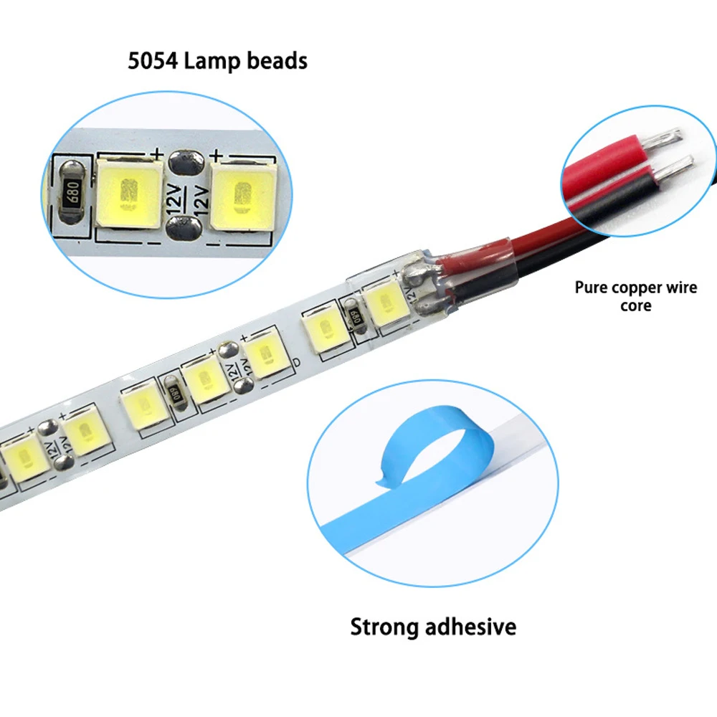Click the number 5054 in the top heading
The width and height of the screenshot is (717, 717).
point(153,61)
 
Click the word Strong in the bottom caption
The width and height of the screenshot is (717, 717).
point(384,627)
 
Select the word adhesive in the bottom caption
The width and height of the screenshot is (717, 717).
point(470,627)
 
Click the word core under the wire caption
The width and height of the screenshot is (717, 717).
point(636,306)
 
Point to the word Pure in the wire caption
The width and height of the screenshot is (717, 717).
point(591,288)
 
